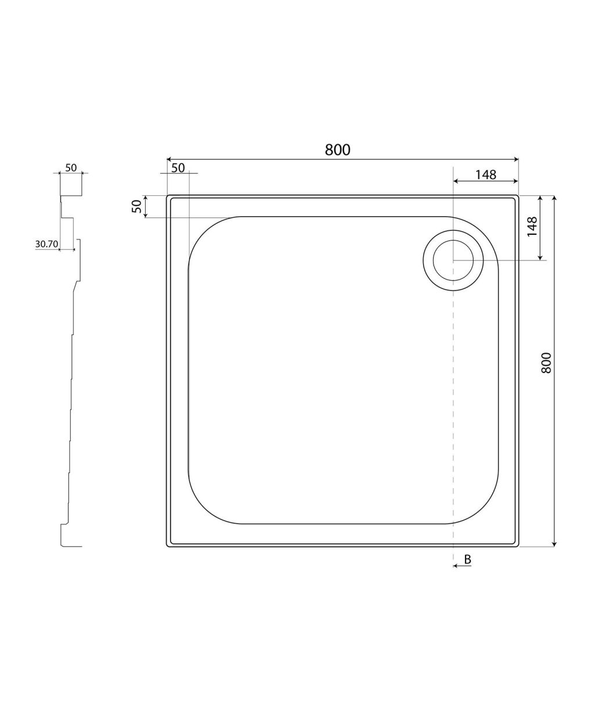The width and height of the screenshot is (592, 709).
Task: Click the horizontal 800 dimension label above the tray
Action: (337, 150)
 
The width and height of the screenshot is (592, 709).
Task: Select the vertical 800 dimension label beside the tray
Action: (546, 363)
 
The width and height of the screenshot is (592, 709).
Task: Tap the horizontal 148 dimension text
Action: (486, 174)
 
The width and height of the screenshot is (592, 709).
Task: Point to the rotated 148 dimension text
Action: (532, 227)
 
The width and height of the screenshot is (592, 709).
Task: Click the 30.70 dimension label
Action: (47, 244)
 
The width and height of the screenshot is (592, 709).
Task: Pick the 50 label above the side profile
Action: (71, 168)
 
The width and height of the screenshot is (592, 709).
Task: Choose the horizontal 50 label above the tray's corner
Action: (178, 168)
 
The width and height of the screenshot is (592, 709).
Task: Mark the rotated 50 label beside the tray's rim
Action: (136, 206)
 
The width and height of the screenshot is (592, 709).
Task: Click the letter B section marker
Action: (468, 559)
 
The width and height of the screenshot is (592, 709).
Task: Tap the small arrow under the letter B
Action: (462, 565)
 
